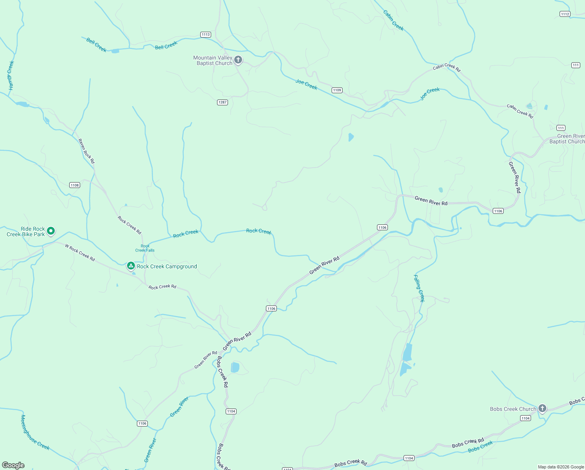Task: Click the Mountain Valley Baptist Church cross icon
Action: (x=238, y=60)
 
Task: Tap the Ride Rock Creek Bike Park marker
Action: (x=51, y=231)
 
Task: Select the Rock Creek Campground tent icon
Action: (x=131, y=266)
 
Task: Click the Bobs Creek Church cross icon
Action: (x=542, y=408)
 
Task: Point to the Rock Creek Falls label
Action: (x=145, y=248)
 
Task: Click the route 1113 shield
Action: (x=206, y=34)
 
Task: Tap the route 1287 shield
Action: (x=223, y=102)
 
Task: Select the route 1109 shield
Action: (x=337, y=90)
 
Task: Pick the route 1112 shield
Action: (x=565, y=14)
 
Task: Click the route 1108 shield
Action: (x=75, y=185)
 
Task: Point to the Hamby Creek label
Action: (x=11, y=75)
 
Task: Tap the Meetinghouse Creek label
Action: (x=35, y=432)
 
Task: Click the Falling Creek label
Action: (x=419, y=288)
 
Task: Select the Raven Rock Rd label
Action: (x=86, y=151)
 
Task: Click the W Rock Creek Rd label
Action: (x=80, y=253)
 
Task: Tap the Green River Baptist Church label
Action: (x=567, y=139)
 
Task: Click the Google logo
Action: (x=13, y=465)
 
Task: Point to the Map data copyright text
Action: (x=561, y=467)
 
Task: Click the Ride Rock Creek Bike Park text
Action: (x=26, y=231)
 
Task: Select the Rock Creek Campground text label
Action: (x=167, y=266)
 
